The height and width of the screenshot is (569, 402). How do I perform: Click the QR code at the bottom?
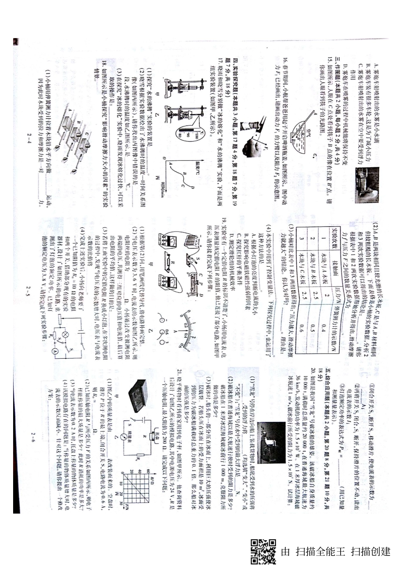[263, 551]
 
